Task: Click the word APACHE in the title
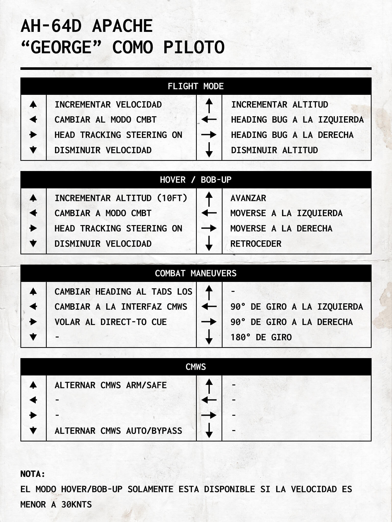click(x=122, y=26)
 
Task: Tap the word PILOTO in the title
click(x=194, y=47)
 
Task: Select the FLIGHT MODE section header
click(x=196, y=86)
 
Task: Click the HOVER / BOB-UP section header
click(x=196, y=180)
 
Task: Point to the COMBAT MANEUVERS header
click(x=196, y=273)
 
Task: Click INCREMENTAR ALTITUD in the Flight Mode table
click(x=279, y=105)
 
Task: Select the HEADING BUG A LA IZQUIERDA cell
click(x=297, y=120)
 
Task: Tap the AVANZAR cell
click(x=248, y=198)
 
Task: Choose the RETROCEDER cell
click(x=256, y=244)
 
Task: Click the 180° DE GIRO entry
click(x=261, y=337)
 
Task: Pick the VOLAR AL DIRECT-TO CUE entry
click(x=111, y=322)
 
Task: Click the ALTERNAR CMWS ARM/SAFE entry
click(x=111, y=385)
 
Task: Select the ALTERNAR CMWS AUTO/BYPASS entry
click(x=118, y=431)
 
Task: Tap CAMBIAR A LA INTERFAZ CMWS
click(x=121, y=307)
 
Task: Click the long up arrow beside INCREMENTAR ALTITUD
click(x=209, y=105)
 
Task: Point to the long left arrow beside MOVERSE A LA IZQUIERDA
click(x=209, y=213)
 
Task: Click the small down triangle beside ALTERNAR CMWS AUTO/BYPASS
click(x=33, y=431)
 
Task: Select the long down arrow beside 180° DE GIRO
click(x=209, y=337)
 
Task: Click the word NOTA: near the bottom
click(x=33, y=474)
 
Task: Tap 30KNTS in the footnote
click(x=76, y=505)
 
